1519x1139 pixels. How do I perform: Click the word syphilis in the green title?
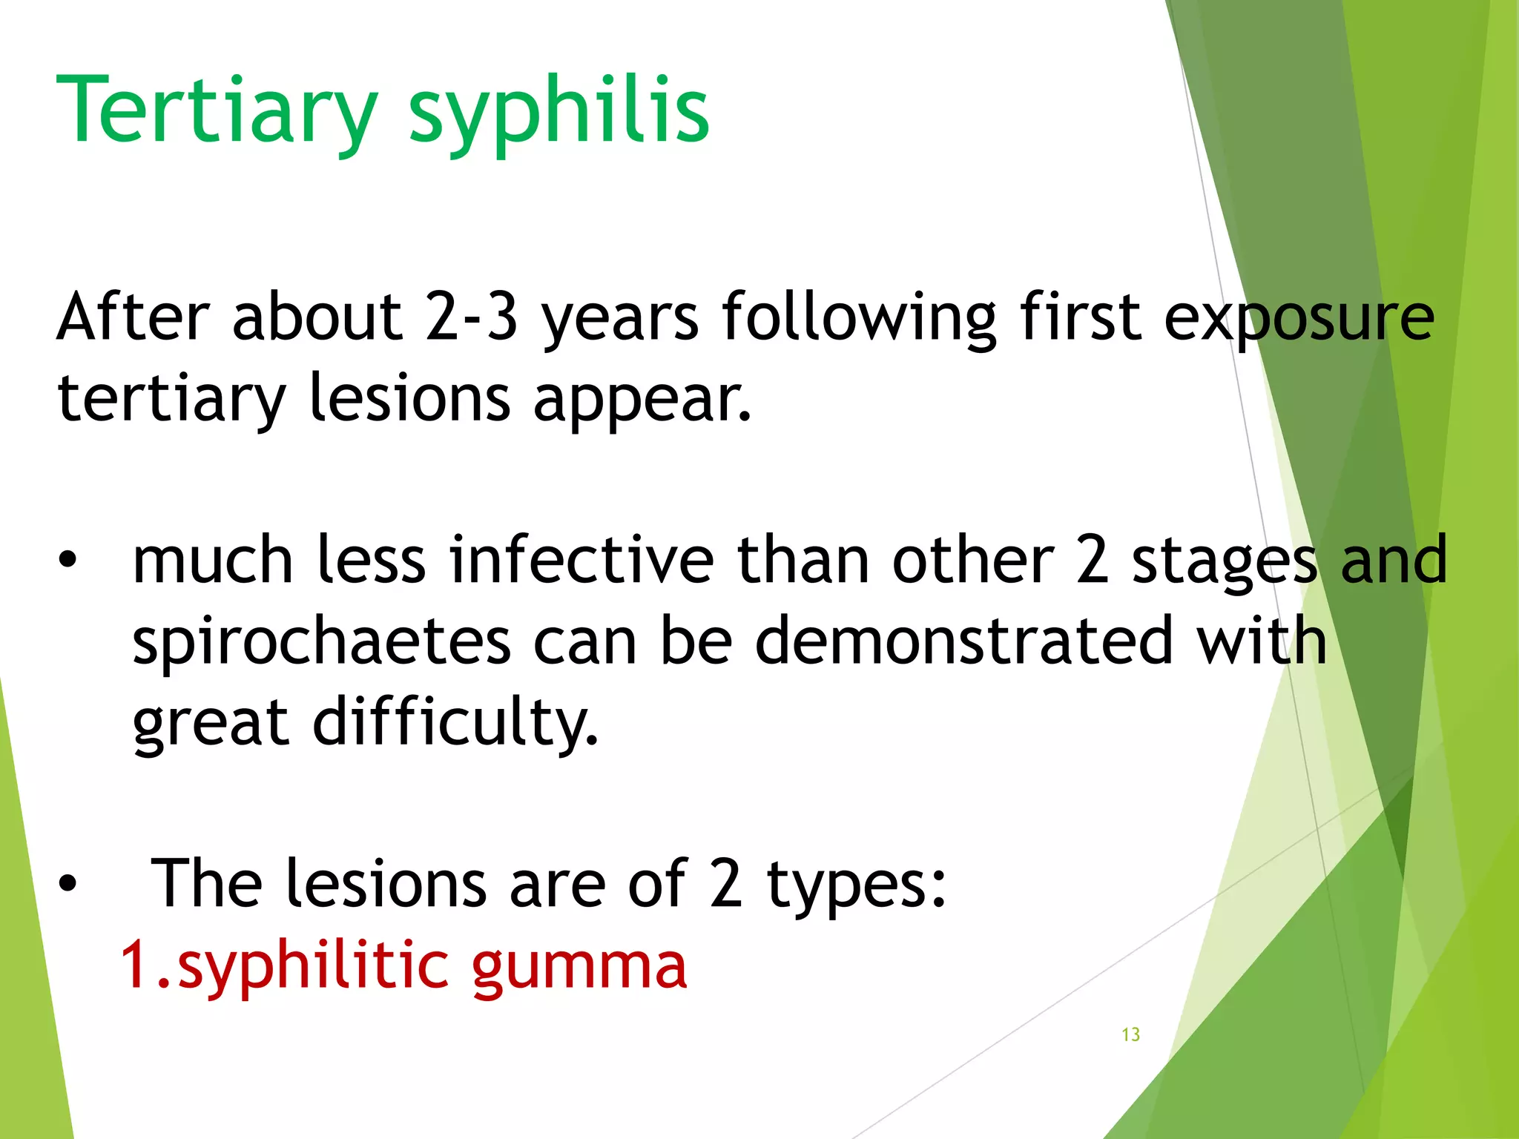click(559, 111)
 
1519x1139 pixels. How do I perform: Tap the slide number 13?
click(1130, 1034)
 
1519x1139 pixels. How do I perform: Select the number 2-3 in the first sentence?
click(471, 317)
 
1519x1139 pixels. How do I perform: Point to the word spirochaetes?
click(321, 642)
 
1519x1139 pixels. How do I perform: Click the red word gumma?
click(579, 968)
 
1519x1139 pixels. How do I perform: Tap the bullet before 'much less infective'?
click(67, 561)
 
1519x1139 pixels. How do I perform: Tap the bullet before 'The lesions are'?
click(67, 884)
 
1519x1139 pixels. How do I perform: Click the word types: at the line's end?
click(857, 884)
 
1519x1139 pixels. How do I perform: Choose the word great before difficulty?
click(210, 723)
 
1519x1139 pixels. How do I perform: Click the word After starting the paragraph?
click(133, 317)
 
